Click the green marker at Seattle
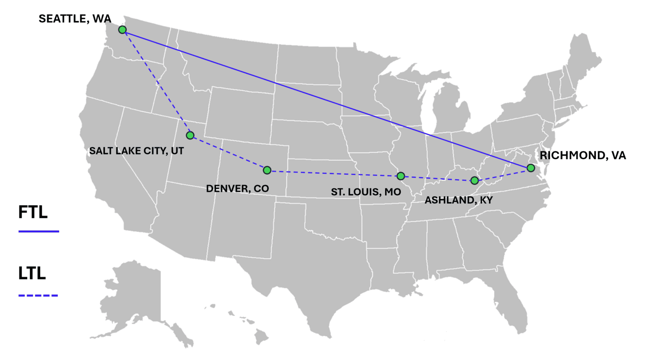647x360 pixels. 122,30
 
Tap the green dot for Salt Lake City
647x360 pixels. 190,135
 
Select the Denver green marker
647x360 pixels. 267,170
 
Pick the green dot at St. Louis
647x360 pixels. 401,176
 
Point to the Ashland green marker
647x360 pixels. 474,181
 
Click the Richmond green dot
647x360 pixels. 531,168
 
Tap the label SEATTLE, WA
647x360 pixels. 75,19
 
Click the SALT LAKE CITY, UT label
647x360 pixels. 136,151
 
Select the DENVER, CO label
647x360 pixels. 237,188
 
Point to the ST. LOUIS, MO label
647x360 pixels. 366,192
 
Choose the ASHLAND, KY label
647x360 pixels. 459,200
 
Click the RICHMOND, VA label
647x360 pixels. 583,156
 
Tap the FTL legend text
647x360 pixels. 33,212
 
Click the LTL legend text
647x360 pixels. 32,273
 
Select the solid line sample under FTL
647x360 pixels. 39,232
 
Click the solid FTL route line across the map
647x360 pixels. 327,99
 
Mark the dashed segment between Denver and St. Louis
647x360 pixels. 334,173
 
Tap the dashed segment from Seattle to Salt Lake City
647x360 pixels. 156,82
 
